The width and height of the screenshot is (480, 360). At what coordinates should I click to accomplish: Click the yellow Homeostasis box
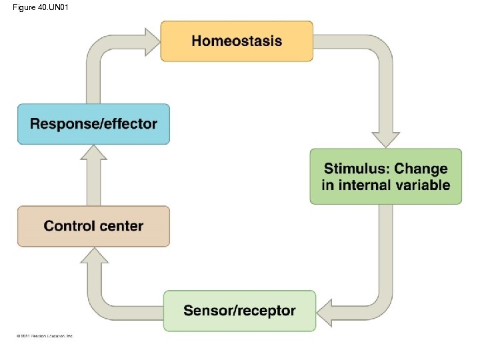point(237,41)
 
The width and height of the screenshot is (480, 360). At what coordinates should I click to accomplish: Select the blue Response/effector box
point(93,124)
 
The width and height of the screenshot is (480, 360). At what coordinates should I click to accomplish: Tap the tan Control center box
point(93,226)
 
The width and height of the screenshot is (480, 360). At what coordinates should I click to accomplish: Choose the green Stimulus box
point(385,177)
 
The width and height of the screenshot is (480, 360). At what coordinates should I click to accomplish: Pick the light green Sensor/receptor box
point(239,311)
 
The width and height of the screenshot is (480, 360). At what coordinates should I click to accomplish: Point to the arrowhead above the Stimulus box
point(385,138)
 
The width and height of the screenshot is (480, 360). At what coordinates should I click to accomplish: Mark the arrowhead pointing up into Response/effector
point(93,155)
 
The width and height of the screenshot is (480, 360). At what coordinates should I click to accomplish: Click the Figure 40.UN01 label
point(40,7)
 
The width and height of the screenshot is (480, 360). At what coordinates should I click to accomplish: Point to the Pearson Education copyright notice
point(45,335)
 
